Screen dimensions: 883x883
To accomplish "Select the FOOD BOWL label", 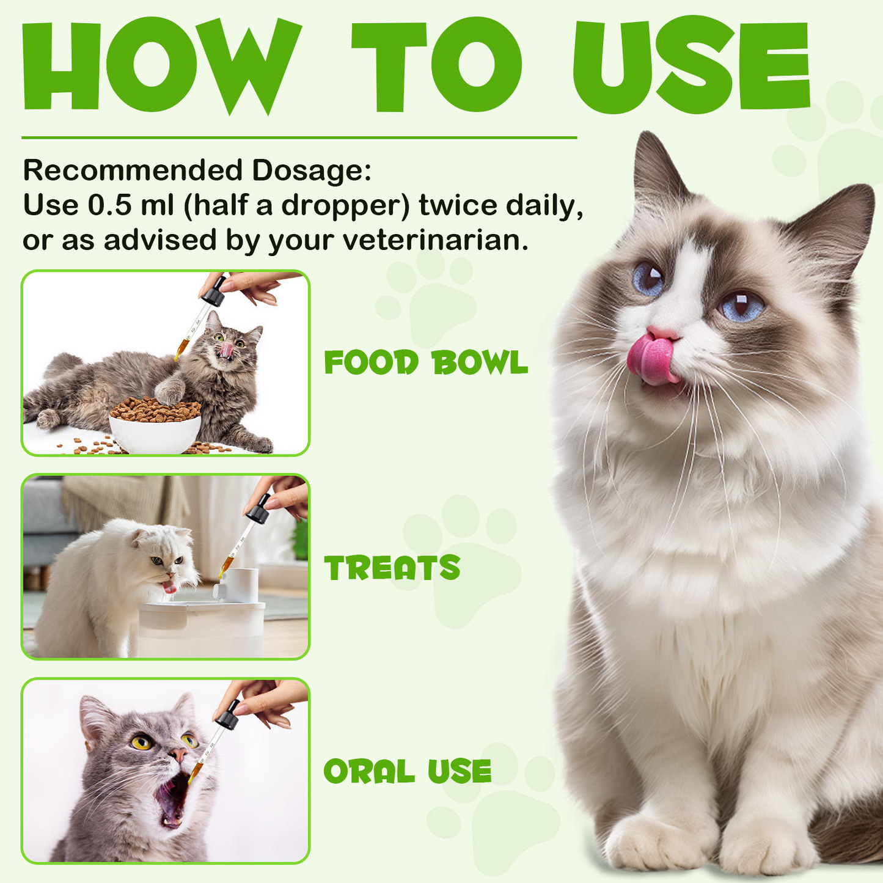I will coord(426,363).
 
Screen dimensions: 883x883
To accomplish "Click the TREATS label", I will coord(392,568).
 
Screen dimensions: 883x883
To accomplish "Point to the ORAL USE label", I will coord(408,771).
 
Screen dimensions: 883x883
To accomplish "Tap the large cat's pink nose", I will coord(663,333).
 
